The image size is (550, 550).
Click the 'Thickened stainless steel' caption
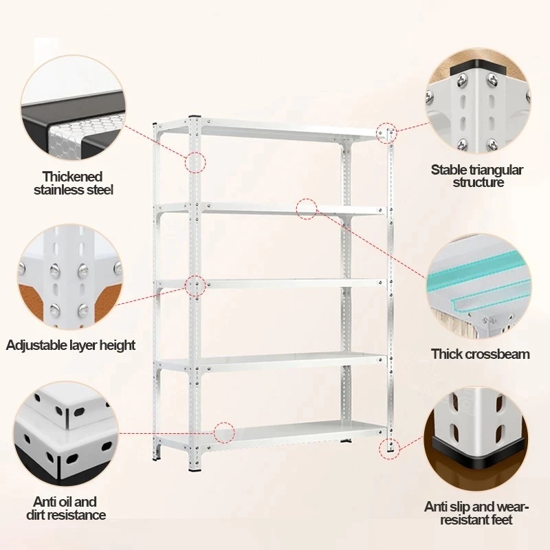pyautogui.click(x=73, y=183)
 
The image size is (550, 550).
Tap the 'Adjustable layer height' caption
pyautogui.click(x=71, y=344)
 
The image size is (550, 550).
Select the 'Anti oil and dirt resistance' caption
pyautogui.click(x=67, y=508)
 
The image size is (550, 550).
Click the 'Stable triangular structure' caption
pyautogui.click(x=477, y=175)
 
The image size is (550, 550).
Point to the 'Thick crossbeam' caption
pyautogui.click(x=481, y=354)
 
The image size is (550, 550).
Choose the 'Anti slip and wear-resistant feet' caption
pyautogui.click(x=477, y=513)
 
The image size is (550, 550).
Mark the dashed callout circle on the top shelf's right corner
pyautogui.click(x=386, y=131)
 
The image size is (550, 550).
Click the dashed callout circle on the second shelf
pyautogui.click(x=307, y=208)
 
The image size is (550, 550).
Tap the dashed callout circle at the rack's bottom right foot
pyautogui.click(x=388, y=448)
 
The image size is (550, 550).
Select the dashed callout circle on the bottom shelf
pyautogui.click(x=224, y=432)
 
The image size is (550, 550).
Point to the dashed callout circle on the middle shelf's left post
pyautogui.click(x=195, y=286)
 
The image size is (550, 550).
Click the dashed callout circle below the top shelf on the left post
pyautogui.click(x=196, y=163)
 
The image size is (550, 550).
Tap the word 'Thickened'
pyautogui.click(x=73, y=177)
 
